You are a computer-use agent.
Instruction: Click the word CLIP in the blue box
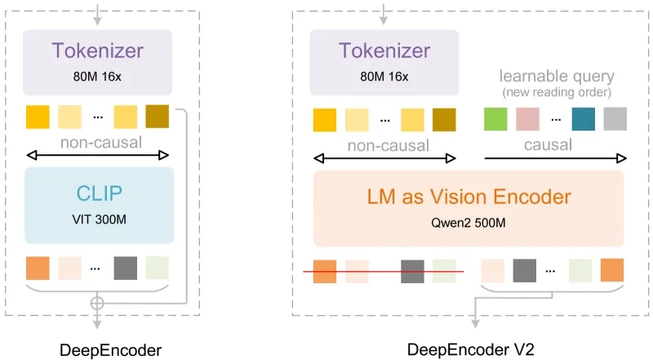point(100,194)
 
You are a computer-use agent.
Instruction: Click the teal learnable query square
point(584,119)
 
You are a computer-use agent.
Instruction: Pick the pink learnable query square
point(527,119)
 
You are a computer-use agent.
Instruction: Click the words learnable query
point(555,77)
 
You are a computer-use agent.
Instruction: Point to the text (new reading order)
point(555,91)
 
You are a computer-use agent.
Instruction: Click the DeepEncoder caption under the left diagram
point(110,350)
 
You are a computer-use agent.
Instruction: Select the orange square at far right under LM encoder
point(612,270)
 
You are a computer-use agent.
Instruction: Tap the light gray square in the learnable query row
point(615,119)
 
